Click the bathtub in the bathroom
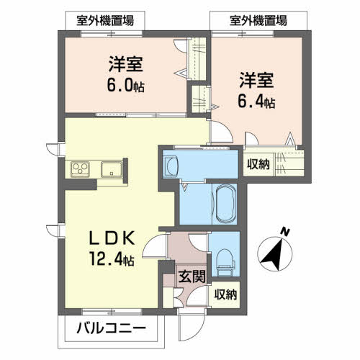tap(226, 204)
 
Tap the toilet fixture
tap(225, 262)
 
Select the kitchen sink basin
tap(112, 169)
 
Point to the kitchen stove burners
tap(80, 169)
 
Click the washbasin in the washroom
tap(171, 166)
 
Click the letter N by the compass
tap(285, 232)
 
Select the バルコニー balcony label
tap(111, 328)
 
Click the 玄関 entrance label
tap(192, 276)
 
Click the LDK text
tap(112, 238)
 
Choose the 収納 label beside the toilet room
tap(225, 294)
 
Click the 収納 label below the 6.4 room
tap(258, 164)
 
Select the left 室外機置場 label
tap(105, 21)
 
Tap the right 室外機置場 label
tap(258, 21)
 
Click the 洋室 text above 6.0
tap(126, 64)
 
